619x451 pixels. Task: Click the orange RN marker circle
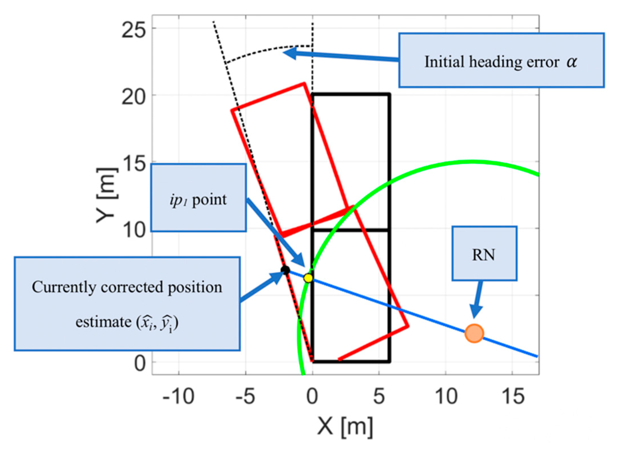pos(474,333)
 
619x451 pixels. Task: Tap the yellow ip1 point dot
pos(308,278)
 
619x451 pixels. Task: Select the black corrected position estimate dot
pos(285,270)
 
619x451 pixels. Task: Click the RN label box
pos(484,253)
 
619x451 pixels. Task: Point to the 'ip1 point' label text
pos(198,200)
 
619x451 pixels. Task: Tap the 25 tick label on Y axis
pos(134,30)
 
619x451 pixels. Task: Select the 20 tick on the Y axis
pos(134,97)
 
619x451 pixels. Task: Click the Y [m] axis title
pos(107,195)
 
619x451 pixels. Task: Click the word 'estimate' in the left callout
pos(103,322)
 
